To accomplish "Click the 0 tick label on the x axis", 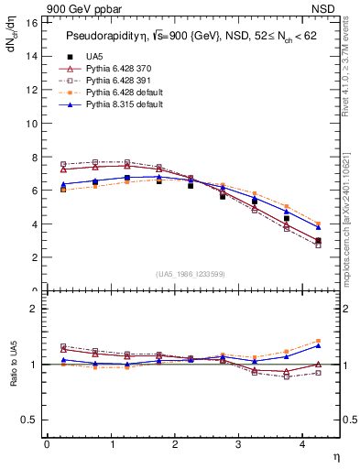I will (x=47, y=444).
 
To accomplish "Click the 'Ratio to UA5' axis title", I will (x=12, y=377).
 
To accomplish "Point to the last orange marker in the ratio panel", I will (x=318, y=341).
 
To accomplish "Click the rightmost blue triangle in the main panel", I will (x=318, y=227).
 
